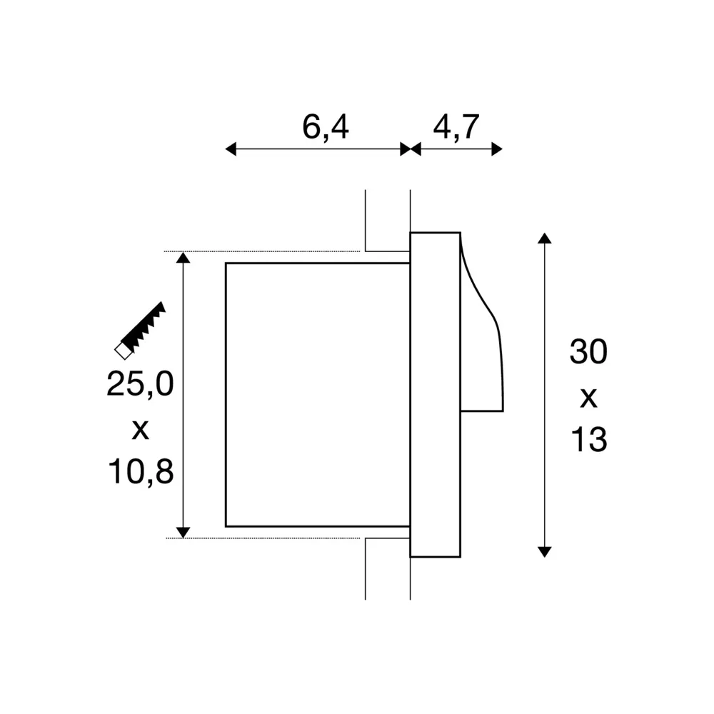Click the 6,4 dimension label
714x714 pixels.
326,127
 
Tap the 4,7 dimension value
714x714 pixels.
456,127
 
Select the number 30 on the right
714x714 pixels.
588,351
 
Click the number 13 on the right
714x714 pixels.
589,439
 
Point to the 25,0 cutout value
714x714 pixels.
140,383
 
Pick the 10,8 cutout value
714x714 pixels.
141,471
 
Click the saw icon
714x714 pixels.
140,331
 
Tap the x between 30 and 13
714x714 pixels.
589,398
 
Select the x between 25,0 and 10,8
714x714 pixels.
140,430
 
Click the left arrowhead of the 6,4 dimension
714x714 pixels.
231,149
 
